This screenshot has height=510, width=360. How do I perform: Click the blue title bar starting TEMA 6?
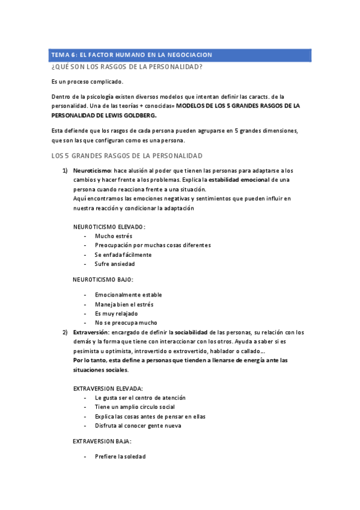click(x=180, y=55)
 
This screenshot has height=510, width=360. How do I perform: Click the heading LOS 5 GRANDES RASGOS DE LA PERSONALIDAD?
click(x=127, y=156)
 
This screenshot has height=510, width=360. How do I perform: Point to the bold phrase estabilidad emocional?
click(x=239, y=180)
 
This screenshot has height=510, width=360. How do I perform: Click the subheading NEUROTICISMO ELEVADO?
click(x=109, y=227)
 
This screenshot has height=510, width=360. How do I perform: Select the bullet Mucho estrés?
click(x=114, y=236)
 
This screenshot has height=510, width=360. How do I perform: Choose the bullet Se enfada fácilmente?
click(x=123, y=254)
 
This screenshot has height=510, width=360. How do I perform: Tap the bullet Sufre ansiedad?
click(x=115, y=263)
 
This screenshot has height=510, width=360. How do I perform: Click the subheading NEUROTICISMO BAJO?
click(x=103, y=280)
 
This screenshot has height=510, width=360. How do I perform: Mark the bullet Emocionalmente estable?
click(x=128, y=295)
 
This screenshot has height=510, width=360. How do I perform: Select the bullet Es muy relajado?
click(x=116, y=313)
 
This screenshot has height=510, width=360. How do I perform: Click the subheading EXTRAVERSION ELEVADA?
click(x=108, y=389)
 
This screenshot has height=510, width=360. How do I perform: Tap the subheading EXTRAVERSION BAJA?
click(x=102, y=441)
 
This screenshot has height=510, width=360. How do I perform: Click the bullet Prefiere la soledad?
click(x=120, y=456)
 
